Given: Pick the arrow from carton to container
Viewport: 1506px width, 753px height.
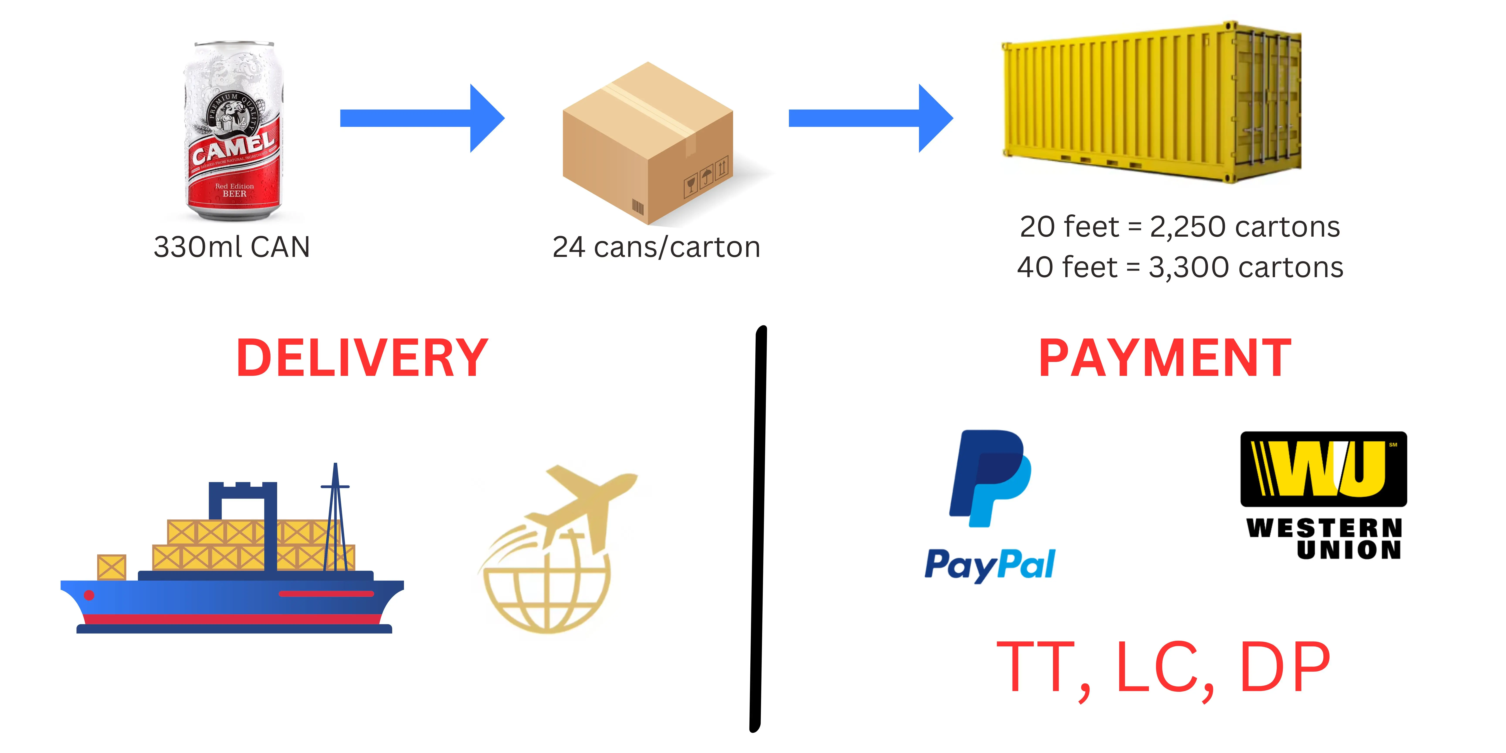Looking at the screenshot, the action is (x=870, y=118).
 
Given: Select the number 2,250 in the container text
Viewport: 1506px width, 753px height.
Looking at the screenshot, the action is (x=1187, y=227).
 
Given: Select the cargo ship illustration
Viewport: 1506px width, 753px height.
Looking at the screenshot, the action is (x=232, y=561).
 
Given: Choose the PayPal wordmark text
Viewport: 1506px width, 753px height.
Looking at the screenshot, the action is (x=990, y=565).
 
